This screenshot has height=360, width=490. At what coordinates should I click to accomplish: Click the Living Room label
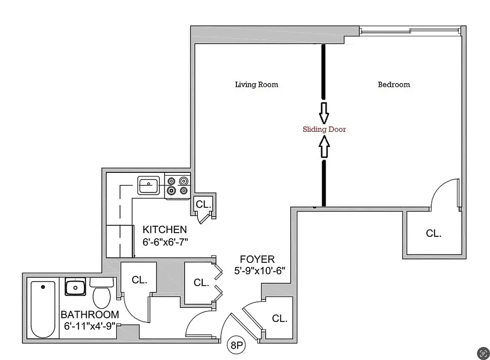256,85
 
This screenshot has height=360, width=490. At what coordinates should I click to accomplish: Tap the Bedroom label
394,85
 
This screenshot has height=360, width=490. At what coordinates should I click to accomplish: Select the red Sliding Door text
324,129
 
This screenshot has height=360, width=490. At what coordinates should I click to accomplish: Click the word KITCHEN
164,229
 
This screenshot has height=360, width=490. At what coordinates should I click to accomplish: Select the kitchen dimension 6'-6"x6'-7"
165,242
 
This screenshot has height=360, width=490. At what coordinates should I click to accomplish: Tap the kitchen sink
148,185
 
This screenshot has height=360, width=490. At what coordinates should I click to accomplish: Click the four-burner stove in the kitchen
177,186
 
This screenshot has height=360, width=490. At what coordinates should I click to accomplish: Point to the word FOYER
257,259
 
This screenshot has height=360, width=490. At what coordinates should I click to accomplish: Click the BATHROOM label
90,315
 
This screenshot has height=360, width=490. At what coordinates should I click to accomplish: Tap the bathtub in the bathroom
43,309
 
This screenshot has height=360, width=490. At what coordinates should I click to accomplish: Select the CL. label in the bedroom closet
434,234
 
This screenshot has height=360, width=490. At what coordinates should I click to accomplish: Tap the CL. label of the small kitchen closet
203,204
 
